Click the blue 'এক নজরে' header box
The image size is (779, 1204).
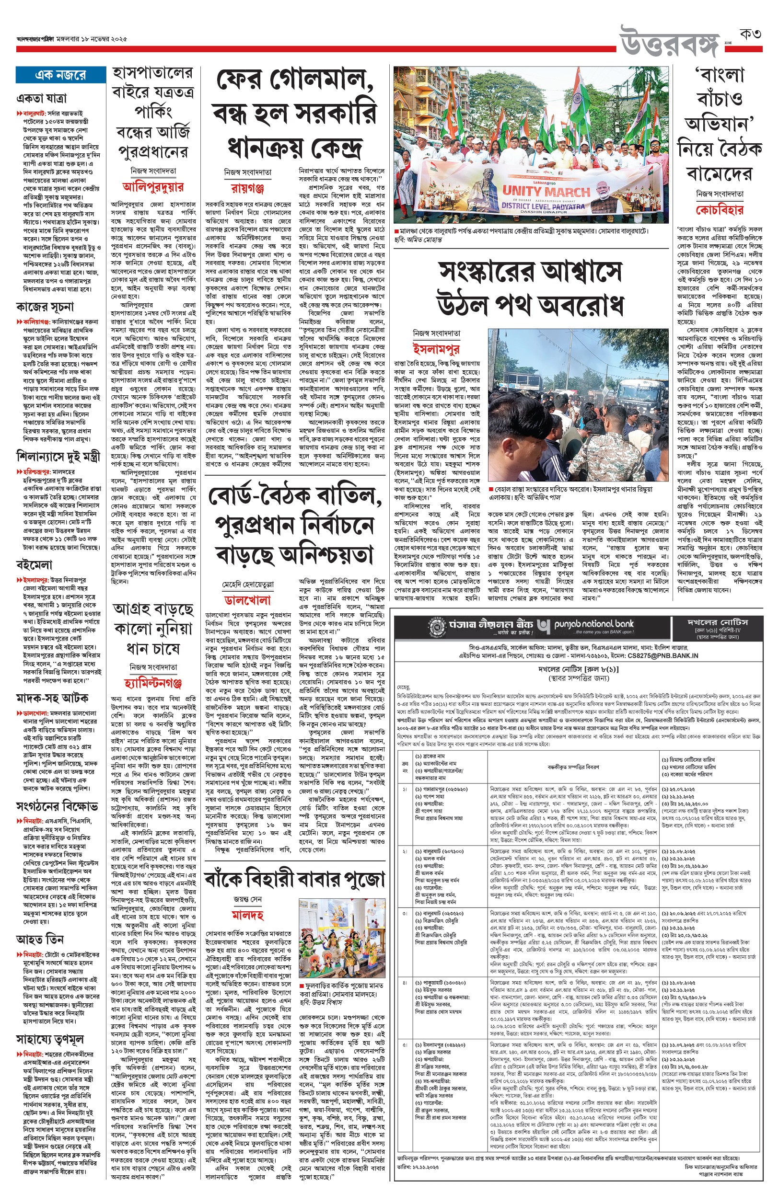[x=60, y=75]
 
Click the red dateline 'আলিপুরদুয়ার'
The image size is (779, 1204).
[x=153, y=186]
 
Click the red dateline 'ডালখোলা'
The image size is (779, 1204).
[x=247, y=600]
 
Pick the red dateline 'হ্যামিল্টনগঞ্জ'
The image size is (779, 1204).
[x=153, y=683]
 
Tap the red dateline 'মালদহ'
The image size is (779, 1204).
[x=248, y=915]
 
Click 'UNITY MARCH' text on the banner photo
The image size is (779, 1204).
[x=546, y=191]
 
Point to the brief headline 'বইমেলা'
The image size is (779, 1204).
[x=35, y=564]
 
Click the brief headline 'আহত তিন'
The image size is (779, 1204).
[x=40, y=940]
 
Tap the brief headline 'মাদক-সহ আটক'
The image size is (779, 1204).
[x=53, y=698]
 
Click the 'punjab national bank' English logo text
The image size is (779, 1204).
[x=593, y=624]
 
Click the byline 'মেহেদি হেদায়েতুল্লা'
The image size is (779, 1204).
[x=248, y=585]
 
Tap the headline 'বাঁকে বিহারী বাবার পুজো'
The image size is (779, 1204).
[x=294, y=879]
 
